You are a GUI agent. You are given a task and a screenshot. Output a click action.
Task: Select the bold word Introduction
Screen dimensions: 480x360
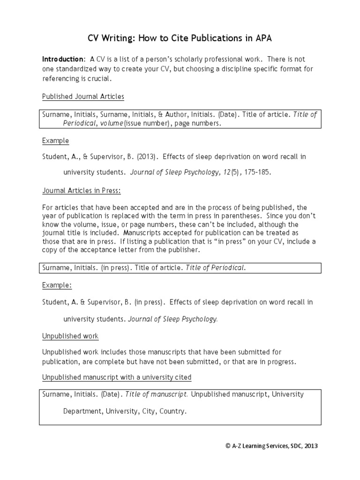click(x=63, y=60)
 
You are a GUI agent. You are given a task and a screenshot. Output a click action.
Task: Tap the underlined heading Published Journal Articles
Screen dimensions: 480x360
click(x=83, y=97)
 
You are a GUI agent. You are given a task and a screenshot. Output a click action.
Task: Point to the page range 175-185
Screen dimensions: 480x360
click(x=257, y=172)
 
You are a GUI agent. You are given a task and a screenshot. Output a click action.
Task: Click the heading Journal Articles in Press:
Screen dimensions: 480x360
click(x=82, y=191)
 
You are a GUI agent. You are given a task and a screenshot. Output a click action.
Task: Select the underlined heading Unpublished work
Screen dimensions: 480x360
click(x=70, y=337)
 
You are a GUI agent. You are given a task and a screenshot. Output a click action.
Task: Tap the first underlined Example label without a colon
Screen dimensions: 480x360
click(x=55, y=141)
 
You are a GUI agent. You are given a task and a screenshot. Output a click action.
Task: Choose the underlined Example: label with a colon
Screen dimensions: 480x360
click(x=57, y=285)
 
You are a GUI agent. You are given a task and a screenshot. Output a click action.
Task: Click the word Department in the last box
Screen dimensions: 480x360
click(x=82, y=412)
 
